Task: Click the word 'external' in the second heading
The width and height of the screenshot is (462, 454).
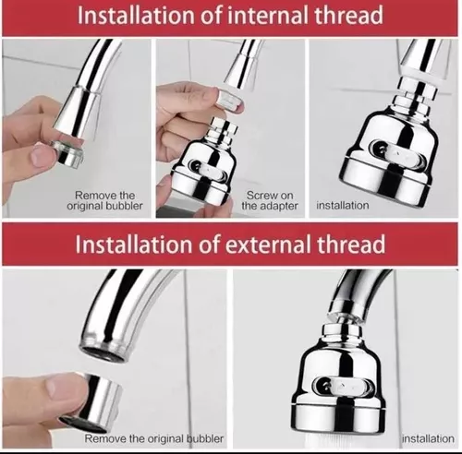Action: click(x=268, y=245)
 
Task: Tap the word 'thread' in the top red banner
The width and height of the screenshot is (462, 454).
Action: click(x=349, y=15)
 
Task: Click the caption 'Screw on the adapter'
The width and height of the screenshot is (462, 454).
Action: click(x=270, y=200)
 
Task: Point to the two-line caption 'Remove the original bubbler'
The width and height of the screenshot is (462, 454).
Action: click(x=104, y=200)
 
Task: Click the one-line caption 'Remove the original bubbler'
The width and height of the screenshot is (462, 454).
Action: click(x=154, y=438)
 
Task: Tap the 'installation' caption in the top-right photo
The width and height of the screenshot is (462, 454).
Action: click(x=343, y=206)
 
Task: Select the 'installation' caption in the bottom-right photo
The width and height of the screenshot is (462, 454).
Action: click(x=429, y=438)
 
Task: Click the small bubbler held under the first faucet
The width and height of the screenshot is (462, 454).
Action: click(x=67, y=152)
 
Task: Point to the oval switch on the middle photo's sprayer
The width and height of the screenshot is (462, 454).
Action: click(x=208, y=169)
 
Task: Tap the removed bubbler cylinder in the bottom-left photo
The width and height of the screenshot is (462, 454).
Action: click(x=91, y=398)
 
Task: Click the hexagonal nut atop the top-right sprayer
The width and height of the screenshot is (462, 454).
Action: click(x=418, y=87)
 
